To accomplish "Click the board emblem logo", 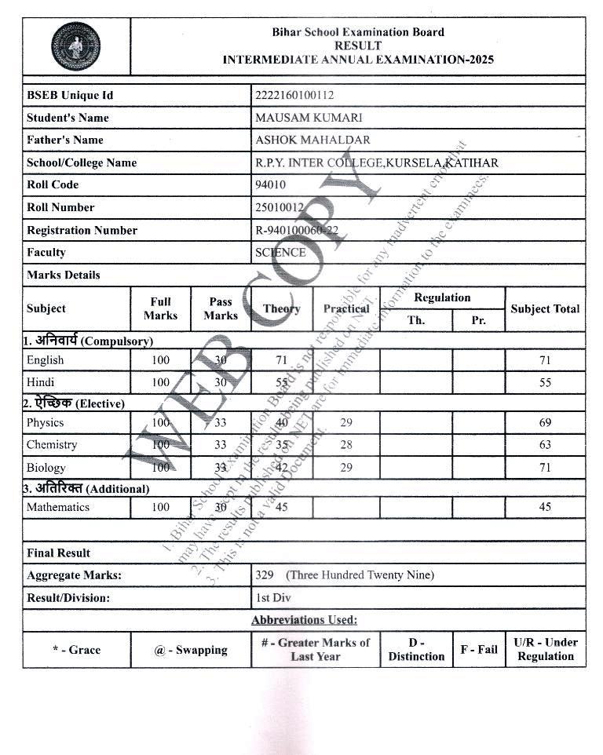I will (x=75, y=46).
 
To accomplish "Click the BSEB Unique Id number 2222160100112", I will (x=294, y=96).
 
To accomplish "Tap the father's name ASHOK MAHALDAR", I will (x=312, y=140).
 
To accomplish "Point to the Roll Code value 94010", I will (x=271, y=185).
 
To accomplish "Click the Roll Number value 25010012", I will (x=280, y=207).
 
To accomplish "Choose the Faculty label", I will (x=46, y=252).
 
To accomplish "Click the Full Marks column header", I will (x=161, y=308).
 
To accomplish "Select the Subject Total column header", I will (x=545, y=308).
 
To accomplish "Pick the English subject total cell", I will (x=545, y=360).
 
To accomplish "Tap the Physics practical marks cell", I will (x=346, y=422).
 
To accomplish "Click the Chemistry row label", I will (x=52, y=445).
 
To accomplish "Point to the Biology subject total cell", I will (x=545, y=468).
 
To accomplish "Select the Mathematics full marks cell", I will (x=161, y=507).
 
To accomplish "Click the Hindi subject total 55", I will (x=545, y=383).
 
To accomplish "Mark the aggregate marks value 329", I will (x=265, y=574).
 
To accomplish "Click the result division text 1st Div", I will (x=273, y=597).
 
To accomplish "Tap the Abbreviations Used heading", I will (x=304, y=620).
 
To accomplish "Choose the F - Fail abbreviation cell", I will (x=479, y=650).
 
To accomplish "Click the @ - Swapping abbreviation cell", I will (x=191, y=650).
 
